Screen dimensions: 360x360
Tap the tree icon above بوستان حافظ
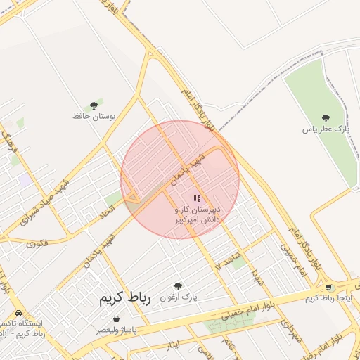tap(94, 105)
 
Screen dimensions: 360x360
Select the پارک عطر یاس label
tap(326, 129)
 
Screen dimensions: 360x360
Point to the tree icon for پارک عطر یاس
tap(325, 119)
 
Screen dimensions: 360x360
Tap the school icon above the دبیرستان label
tap(197, 199)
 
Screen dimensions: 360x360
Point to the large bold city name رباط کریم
tap(120, 300)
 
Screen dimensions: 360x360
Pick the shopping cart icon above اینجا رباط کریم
tap(328, 288)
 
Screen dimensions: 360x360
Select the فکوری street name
tap(37, 243)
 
